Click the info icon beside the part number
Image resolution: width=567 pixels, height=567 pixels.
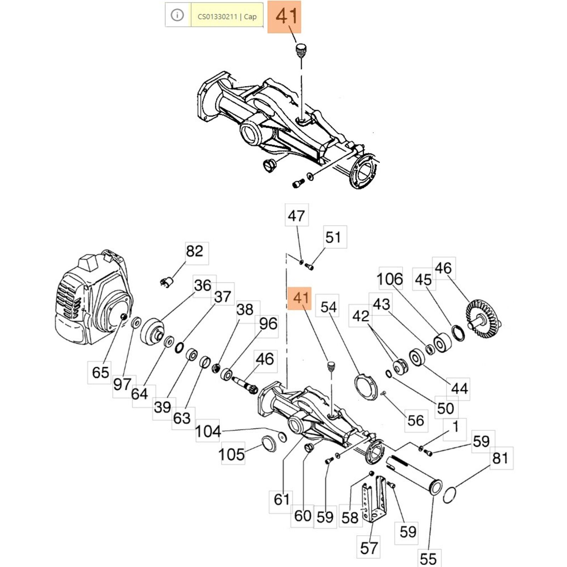177,15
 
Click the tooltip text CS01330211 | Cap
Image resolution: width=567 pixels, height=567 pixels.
227,16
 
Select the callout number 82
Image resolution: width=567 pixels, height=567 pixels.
195,251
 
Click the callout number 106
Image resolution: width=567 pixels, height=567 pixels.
390,279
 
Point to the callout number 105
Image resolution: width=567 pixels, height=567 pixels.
232,454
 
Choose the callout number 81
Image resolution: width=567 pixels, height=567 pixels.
501,458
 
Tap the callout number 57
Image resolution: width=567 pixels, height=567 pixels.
369,548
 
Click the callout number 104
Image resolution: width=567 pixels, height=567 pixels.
208,431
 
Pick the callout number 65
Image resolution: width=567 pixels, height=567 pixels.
101,372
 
